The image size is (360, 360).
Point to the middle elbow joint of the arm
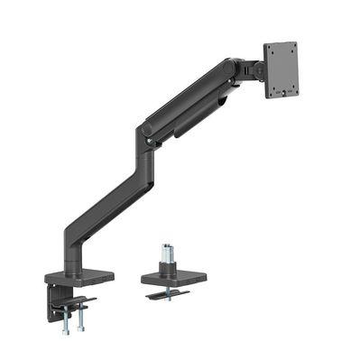(x=144, y=134)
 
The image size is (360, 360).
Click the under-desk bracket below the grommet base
(x=171, y=294)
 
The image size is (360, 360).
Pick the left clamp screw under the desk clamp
(x=64, y=318)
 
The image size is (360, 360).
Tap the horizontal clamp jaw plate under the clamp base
(x=74, y=302)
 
